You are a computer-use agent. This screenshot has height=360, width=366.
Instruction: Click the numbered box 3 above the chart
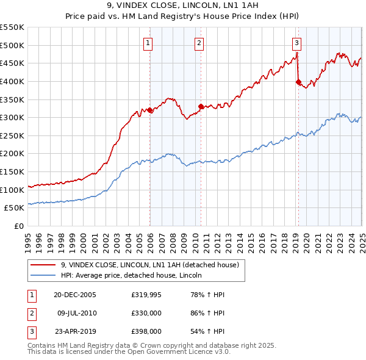click(x=296, y=43)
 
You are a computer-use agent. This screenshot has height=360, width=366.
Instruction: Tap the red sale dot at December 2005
click(x=150, y=110)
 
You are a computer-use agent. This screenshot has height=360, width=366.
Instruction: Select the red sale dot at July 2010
click(x=201, y=107)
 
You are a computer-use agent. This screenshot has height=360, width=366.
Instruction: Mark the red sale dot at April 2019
click(x=298, y=82)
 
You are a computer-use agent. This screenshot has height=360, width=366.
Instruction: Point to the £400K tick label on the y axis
click(x=13, y=81)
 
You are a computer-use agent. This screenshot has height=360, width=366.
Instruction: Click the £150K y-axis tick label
click(x=13, y=171)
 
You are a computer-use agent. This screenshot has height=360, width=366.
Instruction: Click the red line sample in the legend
click(x=43, y=265)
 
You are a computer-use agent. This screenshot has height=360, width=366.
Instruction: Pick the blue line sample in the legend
click(x=43, y=276)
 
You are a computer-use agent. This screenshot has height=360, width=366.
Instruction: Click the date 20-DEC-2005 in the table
click(x=75, y=294)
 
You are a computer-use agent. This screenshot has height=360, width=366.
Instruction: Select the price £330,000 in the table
click(x=145, y=314)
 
